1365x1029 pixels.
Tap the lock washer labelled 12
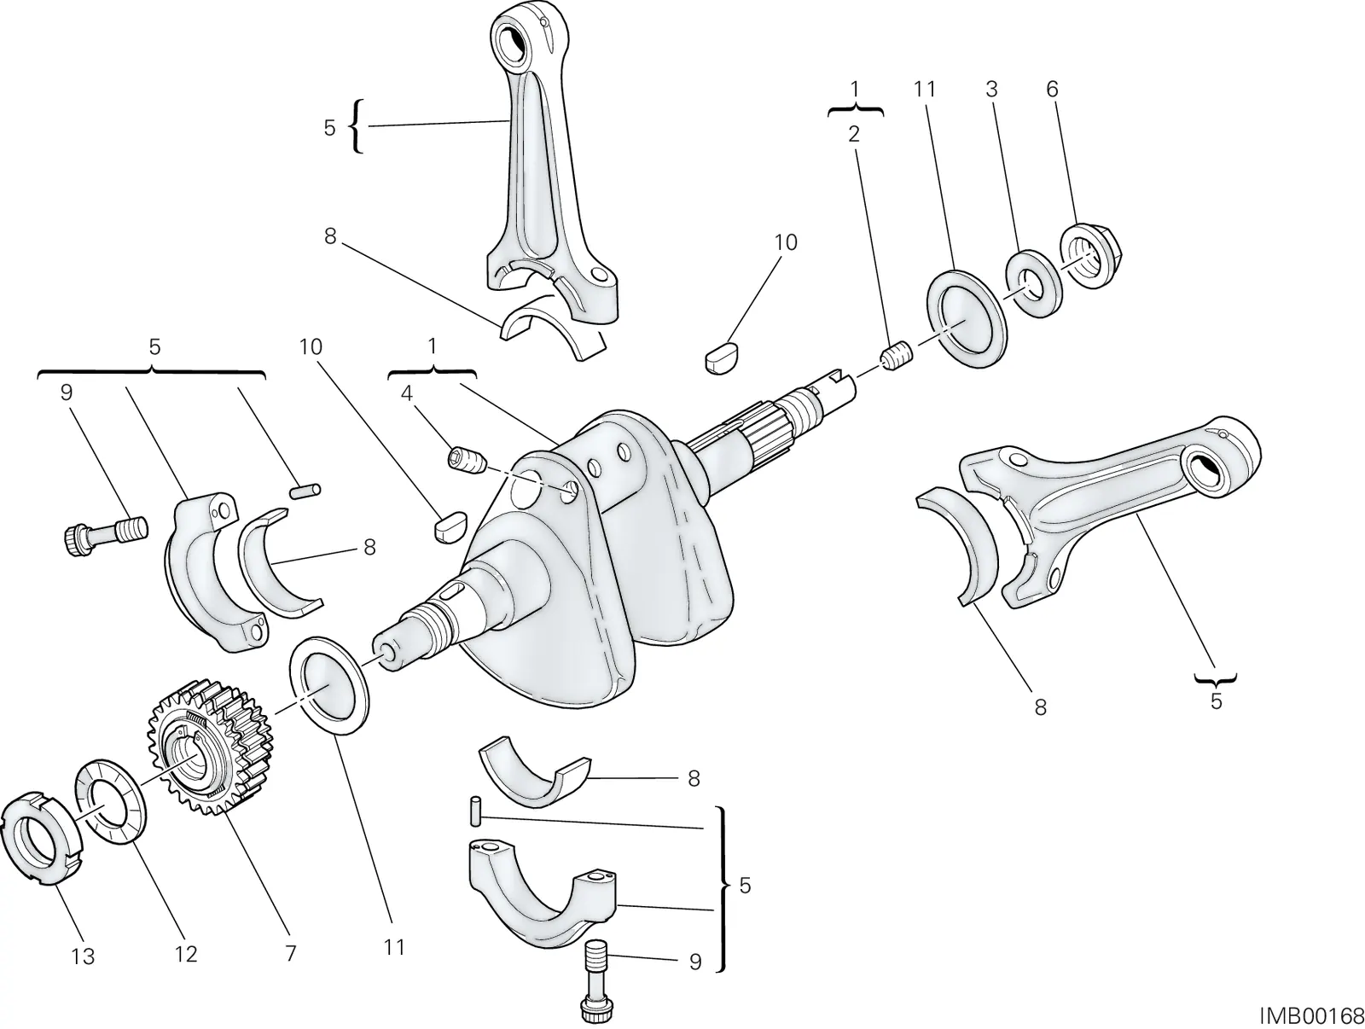[x=111, y=802]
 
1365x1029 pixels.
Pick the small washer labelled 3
[x=1032, y=283]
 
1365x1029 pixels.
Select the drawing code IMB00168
[x=1312, y=1016]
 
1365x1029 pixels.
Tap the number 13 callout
[x=83, y=956]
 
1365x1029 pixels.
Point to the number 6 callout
[x=1052, y=89]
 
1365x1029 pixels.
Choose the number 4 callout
[x=407, y=393]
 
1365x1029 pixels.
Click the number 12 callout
[x=185, y=953]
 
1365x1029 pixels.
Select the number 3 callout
[x=991, y=89]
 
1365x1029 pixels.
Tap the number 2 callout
[x=854, y=134]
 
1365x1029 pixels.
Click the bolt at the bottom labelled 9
[x=598, y=982]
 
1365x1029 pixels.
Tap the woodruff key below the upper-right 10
[x=722, y=358]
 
